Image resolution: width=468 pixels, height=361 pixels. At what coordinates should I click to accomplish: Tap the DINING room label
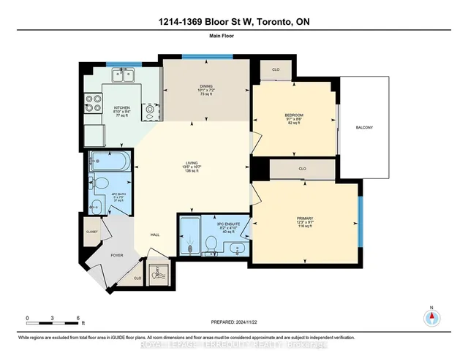[206, 86]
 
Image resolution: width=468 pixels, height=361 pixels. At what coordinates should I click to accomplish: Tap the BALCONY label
[364, 128]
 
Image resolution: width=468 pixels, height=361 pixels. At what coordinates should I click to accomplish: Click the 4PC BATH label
[98, 196]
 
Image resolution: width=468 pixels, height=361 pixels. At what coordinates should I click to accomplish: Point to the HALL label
[155, 235]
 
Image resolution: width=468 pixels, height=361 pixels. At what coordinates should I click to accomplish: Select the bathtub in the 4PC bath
[109, 161]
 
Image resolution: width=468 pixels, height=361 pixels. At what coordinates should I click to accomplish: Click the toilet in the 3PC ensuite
[210, 243]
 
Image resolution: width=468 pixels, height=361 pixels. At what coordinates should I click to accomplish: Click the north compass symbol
[431, 318]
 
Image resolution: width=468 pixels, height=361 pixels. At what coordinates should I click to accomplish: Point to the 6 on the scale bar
[78, 319]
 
